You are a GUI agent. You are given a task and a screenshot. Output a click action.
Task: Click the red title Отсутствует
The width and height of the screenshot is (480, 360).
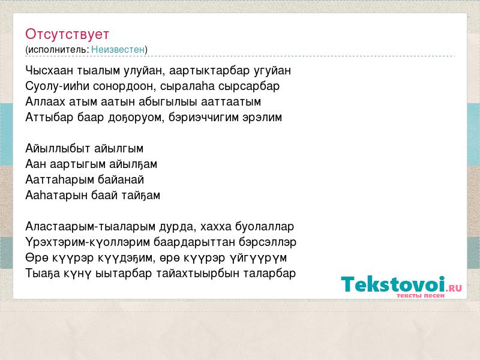click(67, 34)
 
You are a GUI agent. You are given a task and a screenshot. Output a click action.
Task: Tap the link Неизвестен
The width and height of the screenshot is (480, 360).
click(118, 49)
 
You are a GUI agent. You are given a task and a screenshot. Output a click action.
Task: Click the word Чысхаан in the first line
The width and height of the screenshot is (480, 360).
click(49, 71)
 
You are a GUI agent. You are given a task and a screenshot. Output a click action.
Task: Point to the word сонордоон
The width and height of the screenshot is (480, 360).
click(124, 86)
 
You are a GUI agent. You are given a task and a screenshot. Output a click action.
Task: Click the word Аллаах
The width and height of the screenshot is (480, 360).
click(46, 101)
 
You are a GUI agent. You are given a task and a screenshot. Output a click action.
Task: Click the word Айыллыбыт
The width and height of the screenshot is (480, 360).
click(58, 149)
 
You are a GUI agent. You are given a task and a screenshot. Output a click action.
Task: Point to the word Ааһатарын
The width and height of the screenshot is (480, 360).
click(56, 196)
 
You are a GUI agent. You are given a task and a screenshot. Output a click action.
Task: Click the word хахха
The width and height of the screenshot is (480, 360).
click(216, 227)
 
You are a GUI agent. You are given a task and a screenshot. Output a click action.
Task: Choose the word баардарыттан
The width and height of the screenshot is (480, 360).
click(194, 242)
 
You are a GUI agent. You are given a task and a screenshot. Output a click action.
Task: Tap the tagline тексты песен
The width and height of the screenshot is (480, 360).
click(421, 296)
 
